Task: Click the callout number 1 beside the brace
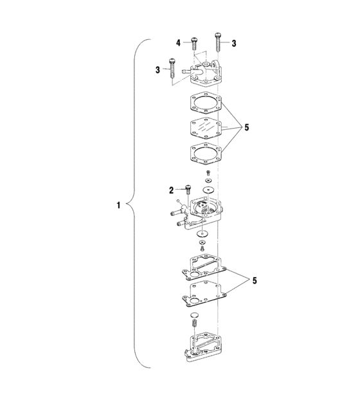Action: (x=118, y=206)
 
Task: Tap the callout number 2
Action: (x=172, y=190)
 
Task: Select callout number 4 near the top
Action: (x=179, y=43)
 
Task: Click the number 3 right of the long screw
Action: (x=233, y=44)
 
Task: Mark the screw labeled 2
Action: (x=187, y=189)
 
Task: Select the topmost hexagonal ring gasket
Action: (x=205, y=104)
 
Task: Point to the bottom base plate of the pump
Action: (x=204, y=350)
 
